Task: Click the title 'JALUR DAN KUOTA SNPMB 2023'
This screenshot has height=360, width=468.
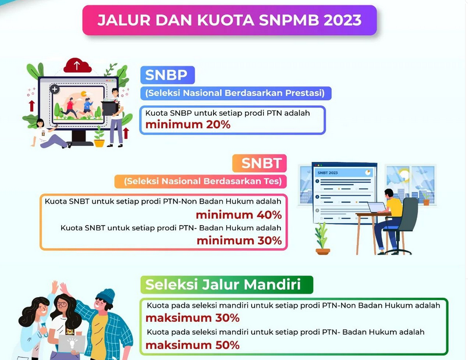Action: (229, 20)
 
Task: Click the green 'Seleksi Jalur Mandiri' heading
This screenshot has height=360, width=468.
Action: (227, 285)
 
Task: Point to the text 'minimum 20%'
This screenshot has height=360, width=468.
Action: (188, 124)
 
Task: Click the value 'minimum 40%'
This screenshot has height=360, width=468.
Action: (239, 215)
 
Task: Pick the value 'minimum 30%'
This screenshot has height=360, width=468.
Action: (239, 240)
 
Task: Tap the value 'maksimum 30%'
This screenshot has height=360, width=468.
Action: (193, 318)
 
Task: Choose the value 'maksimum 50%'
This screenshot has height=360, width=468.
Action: (193, 345)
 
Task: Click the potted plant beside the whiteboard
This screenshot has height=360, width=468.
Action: (322, 238)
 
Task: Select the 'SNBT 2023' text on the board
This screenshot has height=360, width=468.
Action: (328, 173)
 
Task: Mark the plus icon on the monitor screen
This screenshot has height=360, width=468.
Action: (55, 90)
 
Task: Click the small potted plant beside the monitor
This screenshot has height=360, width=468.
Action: (100, 137)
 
